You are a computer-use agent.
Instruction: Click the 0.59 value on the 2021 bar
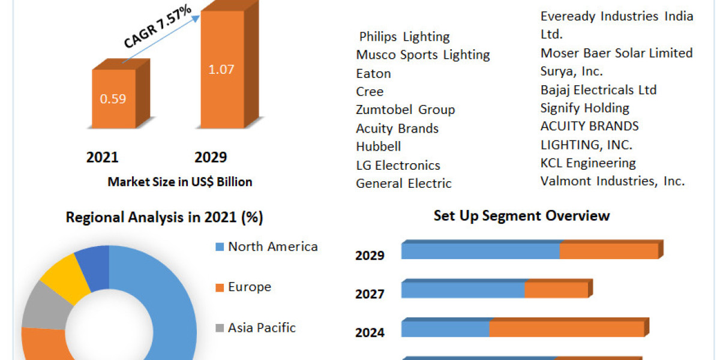[x=113, y=98]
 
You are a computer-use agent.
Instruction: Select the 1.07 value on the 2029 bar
[x=221, y=69]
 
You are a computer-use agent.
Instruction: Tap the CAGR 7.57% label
[x=158, y=26]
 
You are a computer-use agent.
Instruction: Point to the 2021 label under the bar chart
[x=103, y=157]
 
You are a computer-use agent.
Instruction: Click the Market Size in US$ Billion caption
[x=180, y=182]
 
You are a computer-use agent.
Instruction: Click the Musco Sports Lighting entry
[x=423, y=55]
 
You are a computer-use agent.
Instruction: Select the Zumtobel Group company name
[x=406, y=110]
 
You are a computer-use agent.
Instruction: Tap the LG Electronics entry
[x=398, y=165]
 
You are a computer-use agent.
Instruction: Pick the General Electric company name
[x=404, y=184]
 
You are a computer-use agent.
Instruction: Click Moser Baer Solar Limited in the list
[x=616, y=53]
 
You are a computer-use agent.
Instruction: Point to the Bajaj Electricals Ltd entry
[x=598, y=90]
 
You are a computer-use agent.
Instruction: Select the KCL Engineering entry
[x=588, y=163]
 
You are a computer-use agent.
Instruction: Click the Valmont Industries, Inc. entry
[x=612, y=181]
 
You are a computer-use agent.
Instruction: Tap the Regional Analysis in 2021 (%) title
[x=164, y=217]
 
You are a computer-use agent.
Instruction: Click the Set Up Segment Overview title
[x=521, y=215]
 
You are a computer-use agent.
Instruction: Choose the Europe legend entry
[x=249, y=287]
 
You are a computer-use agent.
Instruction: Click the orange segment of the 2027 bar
[x=556, y=290]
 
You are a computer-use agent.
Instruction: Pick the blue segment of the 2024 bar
[x=445, y=329]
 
